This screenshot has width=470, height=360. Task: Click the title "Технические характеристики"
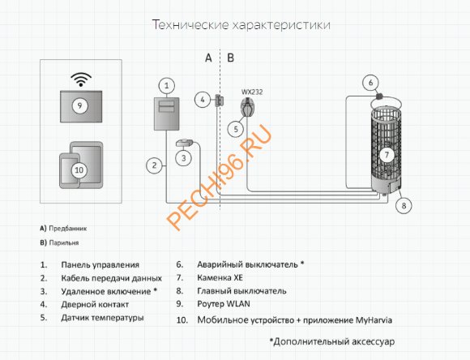pyautogui.click(x=241, y=25)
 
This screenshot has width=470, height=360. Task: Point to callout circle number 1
pyautogui.click(x=166, y=85)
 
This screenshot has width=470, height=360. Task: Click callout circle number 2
pyautogui.click(x=152, y=165)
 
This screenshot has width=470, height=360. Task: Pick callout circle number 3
pyautogui.click(x=186, y=157)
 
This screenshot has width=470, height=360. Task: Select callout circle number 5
pyautogui.click(x=236, y=127)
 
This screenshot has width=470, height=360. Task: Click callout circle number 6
pyautogui.click(x=370, y=82)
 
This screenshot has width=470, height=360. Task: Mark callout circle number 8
pyautogui.click(x=403, y=206)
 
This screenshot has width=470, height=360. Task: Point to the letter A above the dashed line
pyautogui.click(x=207, y=58)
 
